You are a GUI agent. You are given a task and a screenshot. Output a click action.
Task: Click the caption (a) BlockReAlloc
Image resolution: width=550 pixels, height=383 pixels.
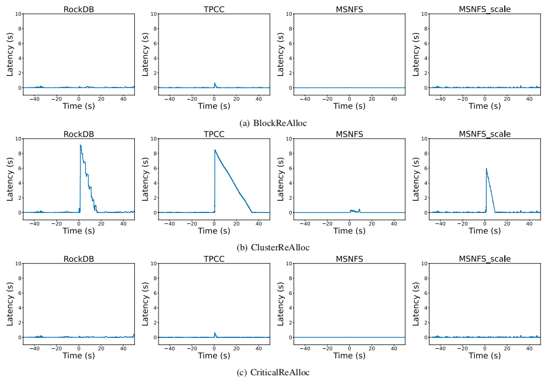273,123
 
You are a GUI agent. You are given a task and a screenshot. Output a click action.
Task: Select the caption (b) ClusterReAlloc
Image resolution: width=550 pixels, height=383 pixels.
273,248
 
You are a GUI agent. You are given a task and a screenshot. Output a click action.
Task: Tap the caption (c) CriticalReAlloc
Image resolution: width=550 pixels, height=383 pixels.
273,373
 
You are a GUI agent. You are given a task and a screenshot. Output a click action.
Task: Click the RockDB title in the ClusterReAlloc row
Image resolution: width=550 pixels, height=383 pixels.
79,134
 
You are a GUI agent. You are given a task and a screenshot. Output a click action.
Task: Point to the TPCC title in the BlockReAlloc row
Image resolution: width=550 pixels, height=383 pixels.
214,9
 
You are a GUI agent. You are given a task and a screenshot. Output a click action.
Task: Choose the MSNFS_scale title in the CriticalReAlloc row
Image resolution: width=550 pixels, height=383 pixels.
484,259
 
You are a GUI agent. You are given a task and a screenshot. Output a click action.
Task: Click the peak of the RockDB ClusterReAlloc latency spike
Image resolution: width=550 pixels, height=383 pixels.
80,145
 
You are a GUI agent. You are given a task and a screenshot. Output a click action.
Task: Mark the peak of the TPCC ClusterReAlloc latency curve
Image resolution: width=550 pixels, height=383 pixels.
215,150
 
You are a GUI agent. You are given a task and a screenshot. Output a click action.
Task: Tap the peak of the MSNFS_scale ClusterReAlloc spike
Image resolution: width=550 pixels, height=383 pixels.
486,168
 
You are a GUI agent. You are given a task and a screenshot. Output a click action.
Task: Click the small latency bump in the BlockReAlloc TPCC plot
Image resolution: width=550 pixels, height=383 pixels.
215,84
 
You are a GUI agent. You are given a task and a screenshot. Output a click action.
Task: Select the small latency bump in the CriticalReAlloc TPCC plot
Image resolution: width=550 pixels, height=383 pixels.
215,333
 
